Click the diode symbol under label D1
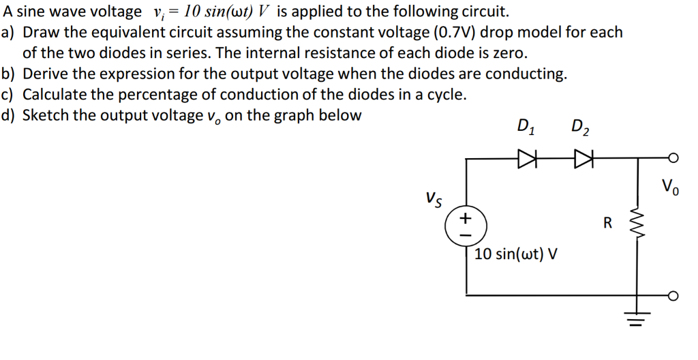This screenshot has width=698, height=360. (x=528, y=159)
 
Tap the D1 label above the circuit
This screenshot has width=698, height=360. (x=526, y=126)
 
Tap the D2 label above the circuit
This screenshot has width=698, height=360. (x=580, y=126)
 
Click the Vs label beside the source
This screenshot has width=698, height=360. (x=433, y=198)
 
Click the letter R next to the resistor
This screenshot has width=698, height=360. (x=608, y=222)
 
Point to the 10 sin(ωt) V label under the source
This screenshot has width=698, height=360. (x=516, y=254)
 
